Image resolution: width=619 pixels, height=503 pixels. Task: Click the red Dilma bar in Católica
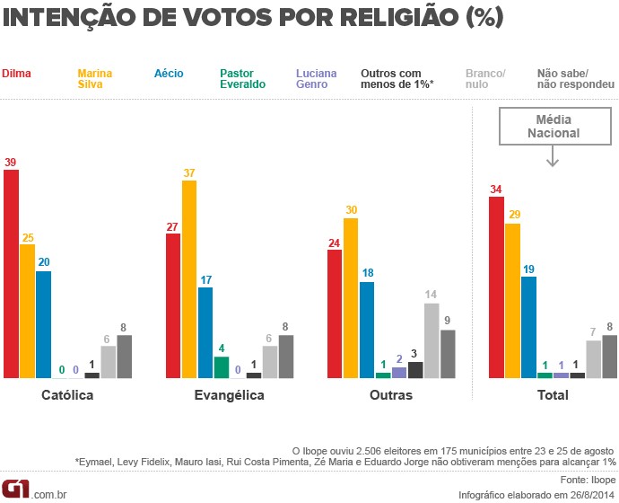pyautogui.click(x=11, y=273)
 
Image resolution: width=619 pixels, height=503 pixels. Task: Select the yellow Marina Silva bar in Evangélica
pyautogui.click(x=189, y=278)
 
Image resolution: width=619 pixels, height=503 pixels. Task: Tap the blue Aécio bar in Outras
pyautogui.click(x=367, y=330)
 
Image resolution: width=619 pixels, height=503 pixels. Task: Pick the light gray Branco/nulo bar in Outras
pyautogui.click(x=432, y=340)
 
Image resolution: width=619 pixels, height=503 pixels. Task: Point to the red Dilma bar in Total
pyautogui.click(x=496, y=287)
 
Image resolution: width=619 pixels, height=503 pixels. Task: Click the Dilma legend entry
pyautogui.click(x=15, y=71)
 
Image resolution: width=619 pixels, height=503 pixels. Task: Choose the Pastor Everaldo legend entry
pyautogui.click(x=242, y=77)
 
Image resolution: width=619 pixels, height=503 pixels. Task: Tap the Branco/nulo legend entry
pyautogui.click(x=485, y=77)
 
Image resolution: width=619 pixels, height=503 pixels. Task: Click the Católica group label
pyautogui.click(x=67, y=395)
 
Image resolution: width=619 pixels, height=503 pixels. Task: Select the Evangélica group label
pyautogui.click(x=230, y=395)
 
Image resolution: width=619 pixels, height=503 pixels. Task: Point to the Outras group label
pyautogui.click(x=390, y=395)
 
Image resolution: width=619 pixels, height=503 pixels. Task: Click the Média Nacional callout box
pyautogui.click(x=553, y=126)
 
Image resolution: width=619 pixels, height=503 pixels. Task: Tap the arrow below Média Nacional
pyautogui.click(x=553, y=156)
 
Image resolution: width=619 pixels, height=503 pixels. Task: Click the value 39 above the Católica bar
pyautogui.click(x=11, y=162)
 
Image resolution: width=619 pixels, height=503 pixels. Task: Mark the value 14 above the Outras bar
pyautogui.click(x=432, y=295)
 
